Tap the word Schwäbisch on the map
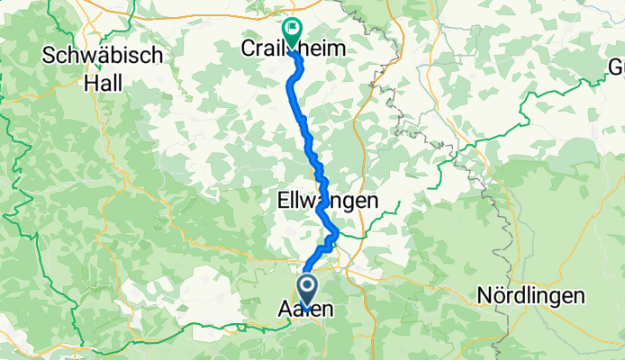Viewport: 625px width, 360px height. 102,55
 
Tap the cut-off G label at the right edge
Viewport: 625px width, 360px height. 617,67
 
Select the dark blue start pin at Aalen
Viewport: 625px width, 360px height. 307,291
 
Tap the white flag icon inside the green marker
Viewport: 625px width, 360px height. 292,29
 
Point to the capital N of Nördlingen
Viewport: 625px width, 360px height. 483,296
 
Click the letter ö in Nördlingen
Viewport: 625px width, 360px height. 499,296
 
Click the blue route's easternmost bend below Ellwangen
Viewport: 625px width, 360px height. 337,234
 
